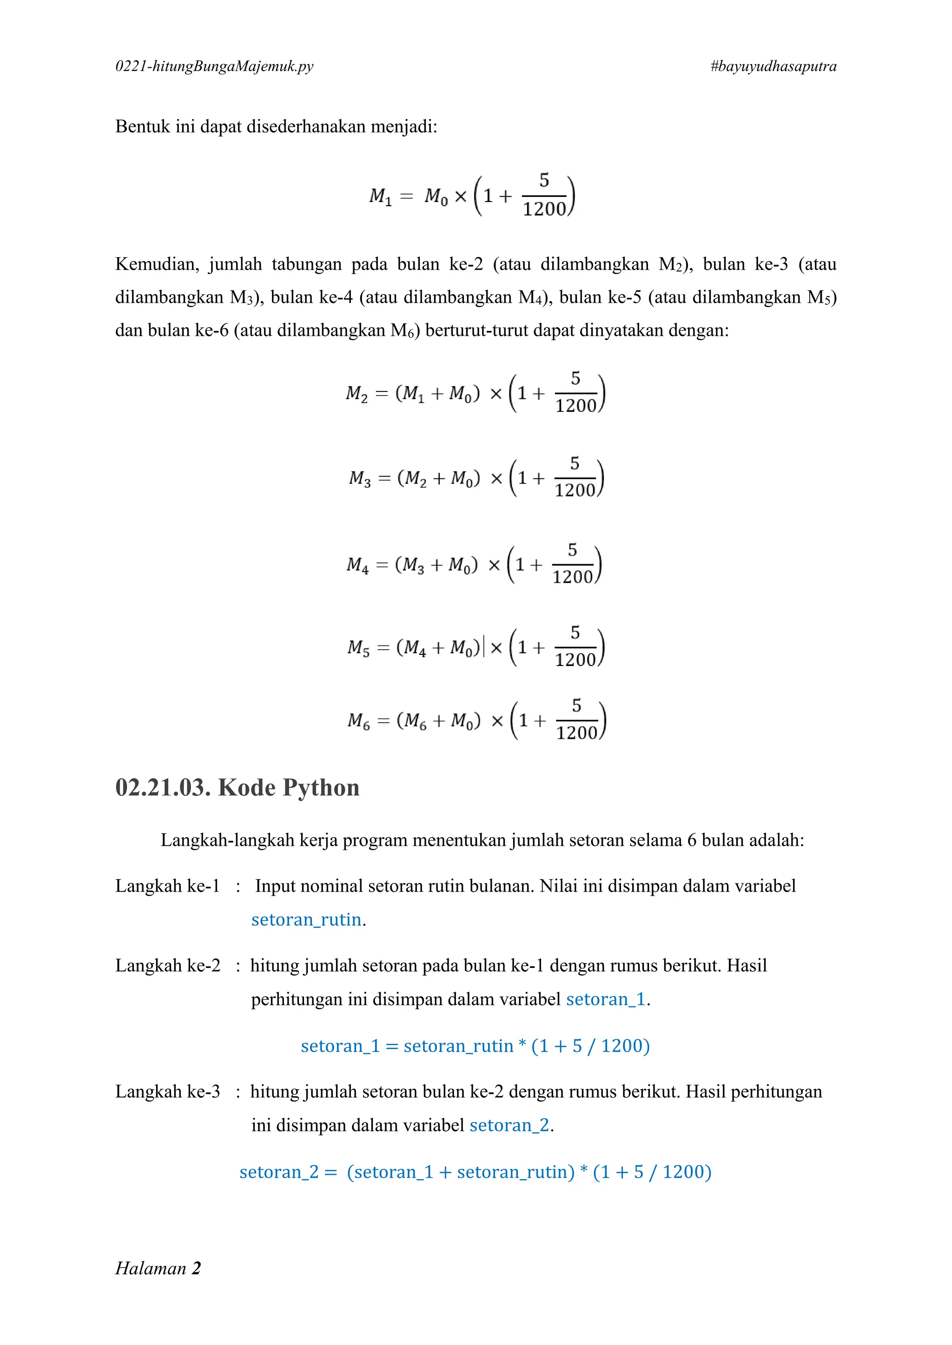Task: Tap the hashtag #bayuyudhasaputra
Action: pos(773,66)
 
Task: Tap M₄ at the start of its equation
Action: pos(357,565)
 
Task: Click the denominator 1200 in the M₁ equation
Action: pos(544,209)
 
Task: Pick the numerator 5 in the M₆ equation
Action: pos(577,705)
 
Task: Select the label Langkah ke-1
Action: pos(167,886)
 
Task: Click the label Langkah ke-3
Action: pos(167,1091)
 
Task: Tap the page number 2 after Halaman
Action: pos(196,1268)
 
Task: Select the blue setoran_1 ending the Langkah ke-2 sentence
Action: pos(606,999)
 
